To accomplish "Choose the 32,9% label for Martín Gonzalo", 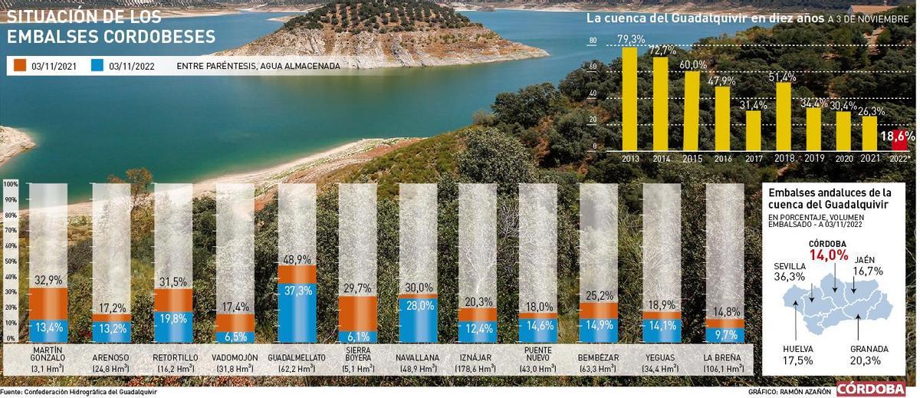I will pyautogui.click(x=48, y=281).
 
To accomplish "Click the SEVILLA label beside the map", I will pyautogui.click(x=790, y=266).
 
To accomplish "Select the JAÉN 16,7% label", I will pyautogui.click(x=868, y=265).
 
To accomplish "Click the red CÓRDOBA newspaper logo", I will pyautogui.click(x=871, y=390).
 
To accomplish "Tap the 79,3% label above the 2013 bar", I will pyautogui.click(x=630, y=40).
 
